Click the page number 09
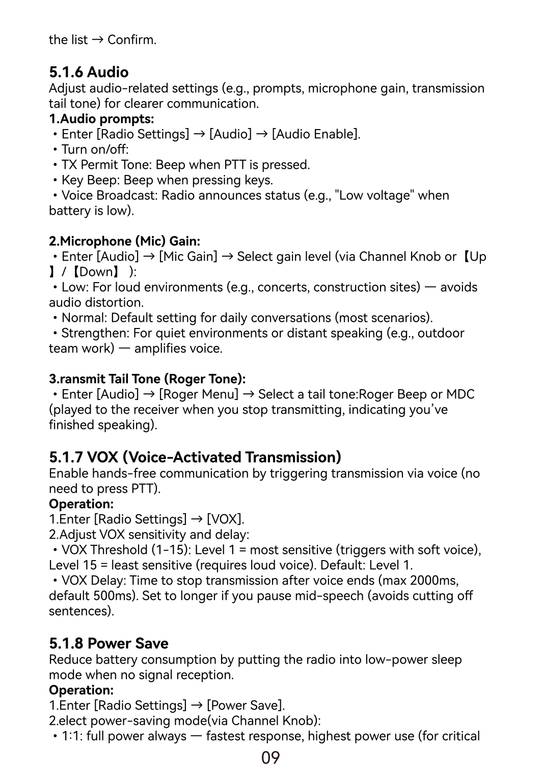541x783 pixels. tap(270, 758)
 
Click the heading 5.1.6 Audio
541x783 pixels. tap(89, 72)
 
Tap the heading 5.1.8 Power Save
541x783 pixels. tap(109, 643)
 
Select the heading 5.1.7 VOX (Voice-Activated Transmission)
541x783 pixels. tap(195, 457)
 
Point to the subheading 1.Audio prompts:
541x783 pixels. tap(101, 119)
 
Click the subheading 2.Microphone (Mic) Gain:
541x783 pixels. tap(124, 241)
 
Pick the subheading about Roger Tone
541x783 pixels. tap(147, 379)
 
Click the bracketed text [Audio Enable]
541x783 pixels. tap(316, 134)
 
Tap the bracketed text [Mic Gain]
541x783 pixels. tap(188, 257)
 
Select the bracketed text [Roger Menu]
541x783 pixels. tap(199, 394)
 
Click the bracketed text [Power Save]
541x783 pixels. tap(246, 705)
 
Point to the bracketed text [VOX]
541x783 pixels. tap(225, 519)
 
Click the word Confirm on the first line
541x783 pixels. tap(131, 40)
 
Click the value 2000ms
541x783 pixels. tap(434, 580)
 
